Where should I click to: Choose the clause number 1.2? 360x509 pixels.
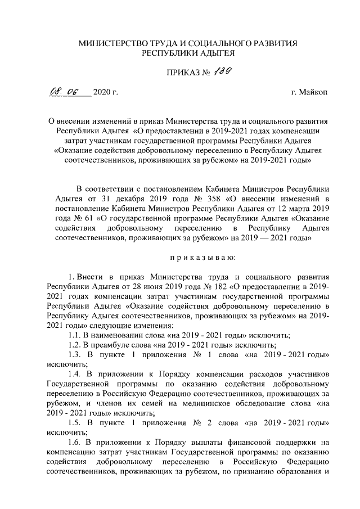point(74,345)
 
